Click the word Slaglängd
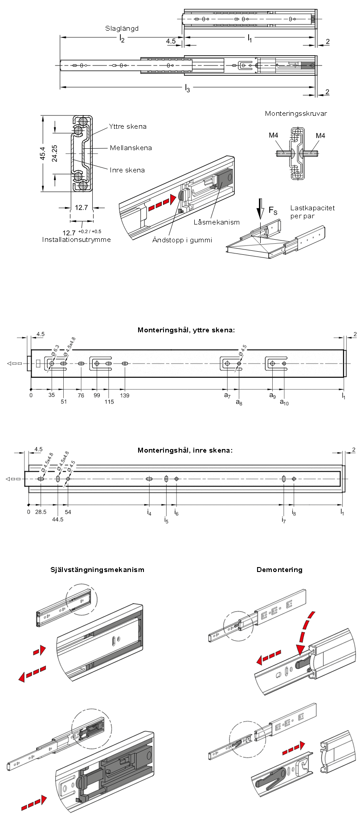(x=122, y=29)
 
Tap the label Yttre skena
(x=127, y=127)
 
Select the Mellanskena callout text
(x=131, y=148)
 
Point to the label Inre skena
(x=127, y=170)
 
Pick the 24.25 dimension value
(x=55, y=153)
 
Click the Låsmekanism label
(x=217, y=222)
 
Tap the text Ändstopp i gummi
(x=182, y=240)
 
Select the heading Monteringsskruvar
(x=296, y=114)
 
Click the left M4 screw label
(x=274, y=135)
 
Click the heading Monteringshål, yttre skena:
(x=186, y=330)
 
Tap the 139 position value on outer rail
(x=125, y=396)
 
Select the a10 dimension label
(x=284, y=402)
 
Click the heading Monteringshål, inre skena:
(x=185, y=450)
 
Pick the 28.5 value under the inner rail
(x=41, y=512)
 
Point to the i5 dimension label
(x=166, y=520)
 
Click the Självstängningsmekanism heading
(x=98, y=570)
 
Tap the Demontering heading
(x=279, y=570)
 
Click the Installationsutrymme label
(x=77, y=240)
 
